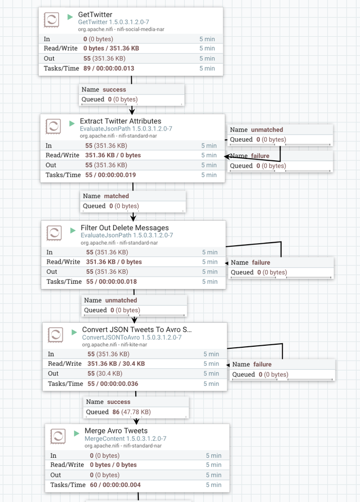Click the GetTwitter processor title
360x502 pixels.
pyautogui.click(x=95, y=15)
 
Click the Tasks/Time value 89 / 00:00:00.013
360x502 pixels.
pyautogui.click(x=109, y=68)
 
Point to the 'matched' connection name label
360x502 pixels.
pyautogui.click(x=116, y=196)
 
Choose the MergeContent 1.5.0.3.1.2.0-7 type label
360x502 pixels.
pyautogui.click(x=125, y=439)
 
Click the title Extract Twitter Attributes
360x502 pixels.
pyautogui.click(x=120, y=121)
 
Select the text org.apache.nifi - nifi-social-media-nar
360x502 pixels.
pyautogui.click(x=121, y=29)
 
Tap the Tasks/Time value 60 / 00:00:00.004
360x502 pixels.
pyautogui.click(x=115, y=485)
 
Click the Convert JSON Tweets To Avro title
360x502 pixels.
pyautogui.click(x=137, y=330)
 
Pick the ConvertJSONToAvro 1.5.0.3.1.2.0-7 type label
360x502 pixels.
pyautogui.click(x=132, y=337)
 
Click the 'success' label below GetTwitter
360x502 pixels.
pyautogui.click(x=114, y=89)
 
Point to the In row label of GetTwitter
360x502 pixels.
pyautogui.click(x=47, y=38)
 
